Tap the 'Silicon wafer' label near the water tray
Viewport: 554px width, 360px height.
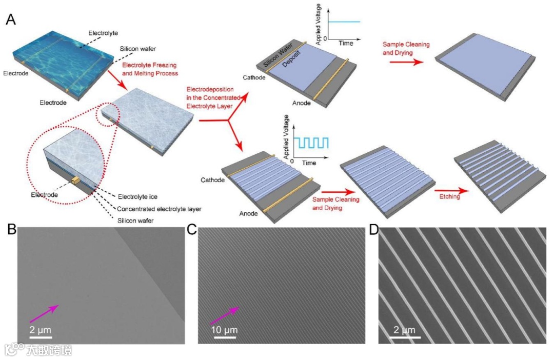point(137,49)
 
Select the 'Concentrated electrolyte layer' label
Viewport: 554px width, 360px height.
point(160,209)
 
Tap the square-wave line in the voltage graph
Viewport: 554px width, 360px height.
point(311,142)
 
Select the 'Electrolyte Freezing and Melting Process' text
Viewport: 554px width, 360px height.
point(150,69)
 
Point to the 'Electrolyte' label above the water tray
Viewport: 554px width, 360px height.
point(103,33)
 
